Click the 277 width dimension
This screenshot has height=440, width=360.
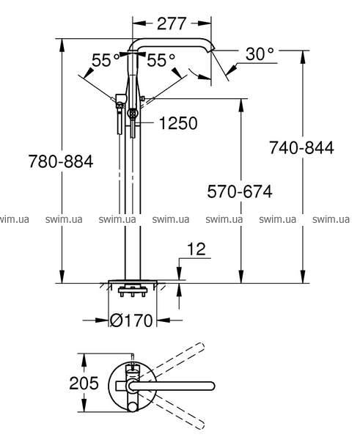(x=172, y=23)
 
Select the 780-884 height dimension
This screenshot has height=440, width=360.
(x=61, y=161)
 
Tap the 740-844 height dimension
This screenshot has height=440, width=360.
(x=301, y=147)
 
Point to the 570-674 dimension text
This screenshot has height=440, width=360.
(x=240, y=191)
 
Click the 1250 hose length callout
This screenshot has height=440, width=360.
(x=178, y=123)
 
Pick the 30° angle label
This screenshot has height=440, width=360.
(x=260, y=54)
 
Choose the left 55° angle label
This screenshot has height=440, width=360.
(x=106, y=60)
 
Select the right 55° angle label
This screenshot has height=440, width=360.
(x=161, y=60)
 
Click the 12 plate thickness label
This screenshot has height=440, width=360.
(x=196, y=249)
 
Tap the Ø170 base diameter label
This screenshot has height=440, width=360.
(x=131, y=320)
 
